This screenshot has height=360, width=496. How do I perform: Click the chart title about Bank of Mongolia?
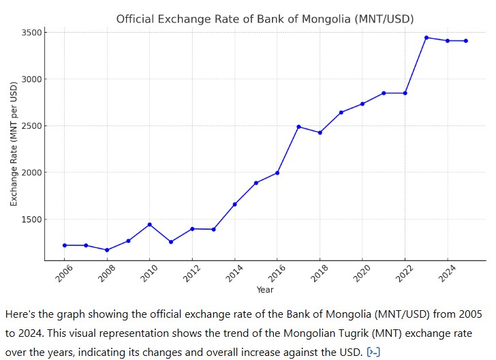[264, 18]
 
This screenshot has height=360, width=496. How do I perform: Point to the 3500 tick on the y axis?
[32, 32]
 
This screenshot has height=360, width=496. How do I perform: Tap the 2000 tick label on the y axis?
[32, 172]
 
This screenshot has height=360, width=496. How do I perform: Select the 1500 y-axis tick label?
[32, 220]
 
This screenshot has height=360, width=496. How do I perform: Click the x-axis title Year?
[265, 290]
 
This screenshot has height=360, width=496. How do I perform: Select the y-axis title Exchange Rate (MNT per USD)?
[14, 143]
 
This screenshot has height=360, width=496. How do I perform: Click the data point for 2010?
[149, 224]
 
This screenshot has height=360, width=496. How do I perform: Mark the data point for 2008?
[107, 250]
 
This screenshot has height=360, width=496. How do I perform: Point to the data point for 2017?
[298, 127]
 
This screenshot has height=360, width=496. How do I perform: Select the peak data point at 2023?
[427, 37]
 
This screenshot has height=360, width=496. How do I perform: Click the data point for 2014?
[234, 205]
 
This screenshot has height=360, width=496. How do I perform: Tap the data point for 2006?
[64, 245]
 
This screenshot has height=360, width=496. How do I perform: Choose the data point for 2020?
[362, 104]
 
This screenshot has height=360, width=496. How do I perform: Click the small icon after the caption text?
[373, 352]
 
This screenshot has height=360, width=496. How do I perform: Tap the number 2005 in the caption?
[465, 315]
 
